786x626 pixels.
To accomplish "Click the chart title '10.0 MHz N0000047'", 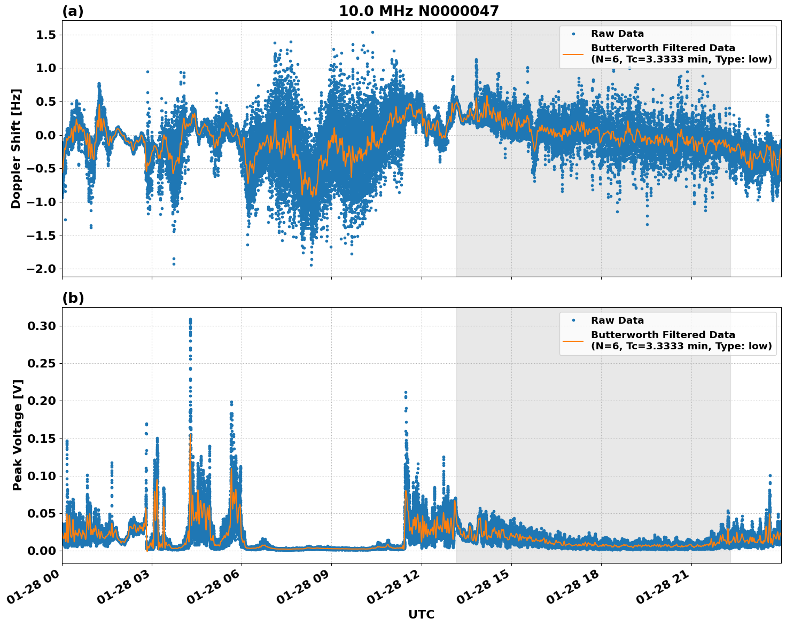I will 418,11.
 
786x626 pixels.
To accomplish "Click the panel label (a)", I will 73,11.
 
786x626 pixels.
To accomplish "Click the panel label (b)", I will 73,298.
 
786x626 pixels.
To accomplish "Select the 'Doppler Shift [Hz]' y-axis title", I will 16,148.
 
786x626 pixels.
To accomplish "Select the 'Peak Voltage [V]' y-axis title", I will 18,435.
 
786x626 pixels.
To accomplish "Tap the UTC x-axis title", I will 421,614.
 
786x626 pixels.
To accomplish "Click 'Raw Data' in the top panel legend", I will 617,34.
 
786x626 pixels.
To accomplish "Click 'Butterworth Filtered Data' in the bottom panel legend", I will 663,335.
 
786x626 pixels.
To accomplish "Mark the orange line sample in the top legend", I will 573,53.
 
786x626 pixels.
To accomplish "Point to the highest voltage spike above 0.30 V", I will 190,319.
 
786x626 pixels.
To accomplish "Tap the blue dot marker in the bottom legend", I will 573,320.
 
